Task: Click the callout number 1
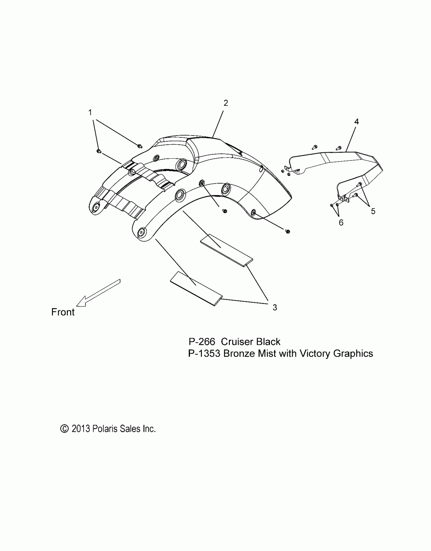coord(90,112)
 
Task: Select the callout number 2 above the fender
coord(226,103)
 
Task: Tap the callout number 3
coord(275,308)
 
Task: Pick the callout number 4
coord(356,122)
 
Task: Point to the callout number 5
coord(373,211)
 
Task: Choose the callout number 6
coord(341,223)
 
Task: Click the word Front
coord(63,312)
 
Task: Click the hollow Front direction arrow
coord(98,293)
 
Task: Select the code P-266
coord(202,342)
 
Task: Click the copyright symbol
coord(64,429)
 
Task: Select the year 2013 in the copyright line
coord(81,429)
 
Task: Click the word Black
coord(268,342)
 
